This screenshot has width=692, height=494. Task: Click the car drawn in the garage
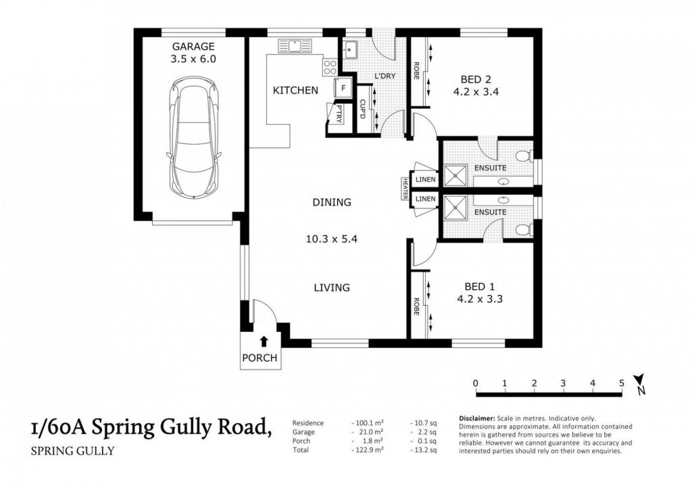tap(194, 137)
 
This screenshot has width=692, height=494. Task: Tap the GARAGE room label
tap(193, 47)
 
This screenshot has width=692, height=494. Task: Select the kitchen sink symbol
tap(295, 46)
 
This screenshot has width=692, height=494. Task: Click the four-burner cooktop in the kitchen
tap(330, 67)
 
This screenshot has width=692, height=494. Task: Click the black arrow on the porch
tap(264, 341)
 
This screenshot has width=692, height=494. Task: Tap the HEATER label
tap(405, 189)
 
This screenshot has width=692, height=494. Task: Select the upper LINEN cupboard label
tap(426, 180)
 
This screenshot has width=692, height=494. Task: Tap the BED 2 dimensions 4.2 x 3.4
tap(476, 93)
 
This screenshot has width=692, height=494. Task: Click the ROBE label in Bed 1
tap(416, 306)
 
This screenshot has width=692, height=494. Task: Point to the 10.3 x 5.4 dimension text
tap(331, 239)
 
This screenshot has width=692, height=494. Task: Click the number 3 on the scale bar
tap(563, 383)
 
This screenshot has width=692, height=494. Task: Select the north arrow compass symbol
tap(640, 384)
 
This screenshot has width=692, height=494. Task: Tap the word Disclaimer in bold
tap(477, 418)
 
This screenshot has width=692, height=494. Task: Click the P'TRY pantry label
tap(339, 114)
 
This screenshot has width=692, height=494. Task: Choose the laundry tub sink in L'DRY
tap(351, 49)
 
